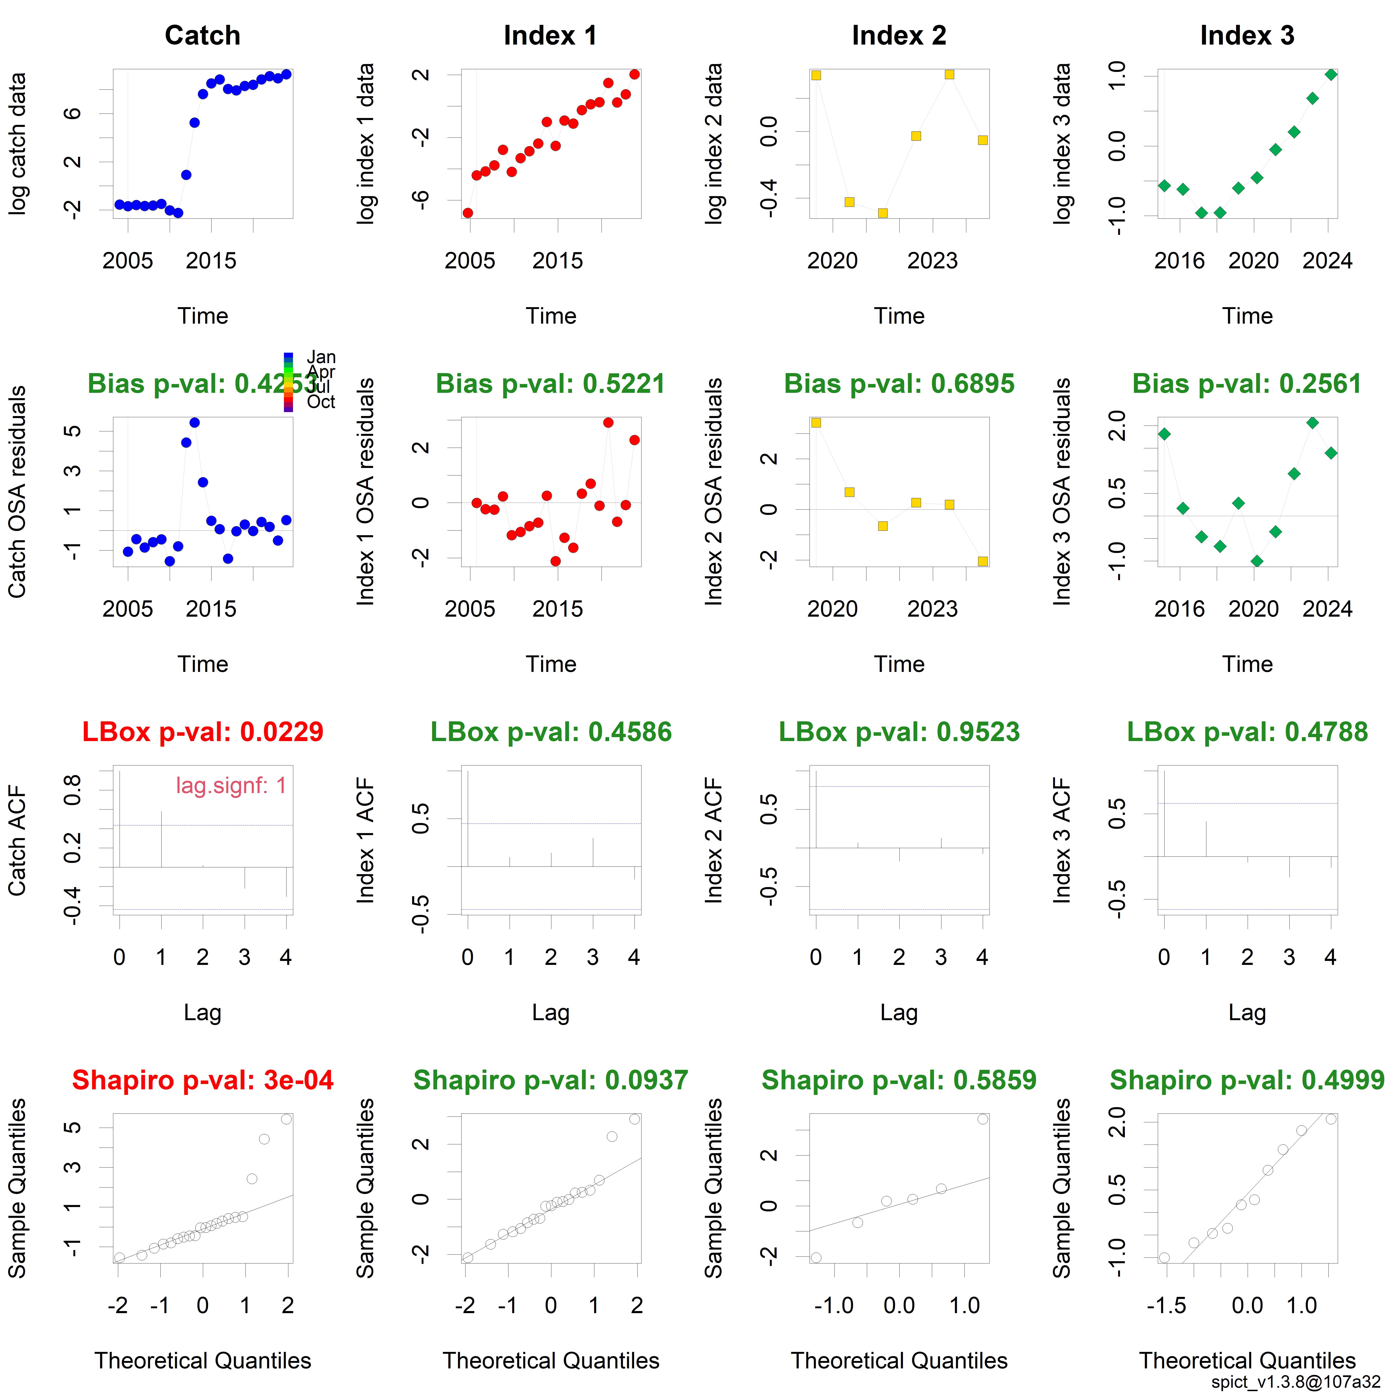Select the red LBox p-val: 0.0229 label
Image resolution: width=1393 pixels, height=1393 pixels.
[203, 732]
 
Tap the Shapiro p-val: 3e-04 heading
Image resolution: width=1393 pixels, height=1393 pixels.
[203, 1080]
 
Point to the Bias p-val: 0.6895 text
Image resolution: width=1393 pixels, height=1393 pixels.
[899, 384]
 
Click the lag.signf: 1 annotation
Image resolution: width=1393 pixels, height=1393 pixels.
[231, 785]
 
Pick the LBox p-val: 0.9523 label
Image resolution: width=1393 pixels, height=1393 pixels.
[899, 732]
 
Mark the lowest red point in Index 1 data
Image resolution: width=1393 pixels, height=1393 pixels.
[468, 213]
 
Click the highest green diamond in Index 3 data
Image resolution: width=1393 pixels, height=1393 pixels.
[1331, 74]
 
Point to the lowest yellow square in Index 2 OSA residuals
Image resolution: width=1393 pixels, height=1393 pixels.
[983, 561]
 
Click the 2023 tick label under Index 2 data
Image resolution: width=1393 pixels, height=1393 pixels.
[932, 261]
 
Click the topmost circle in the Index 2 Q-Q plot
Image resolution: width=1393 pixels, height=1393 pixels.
[983, 1119]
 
